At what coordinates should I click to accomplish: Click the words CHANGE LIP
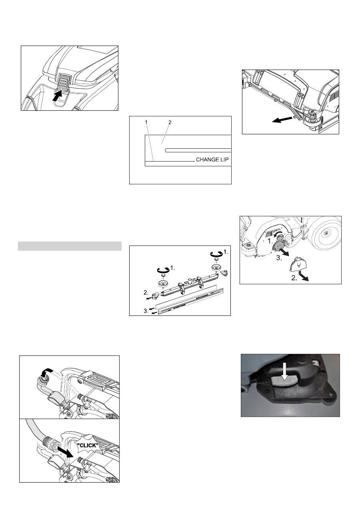pyautogui.click(x=212, y=160)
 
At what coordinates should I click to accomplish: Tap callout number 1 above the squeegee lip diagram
pyautogui.click(x=146, y=122)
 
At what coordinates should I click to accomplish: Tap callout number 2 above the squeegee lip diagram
pyautogui.click(x=170, y=122)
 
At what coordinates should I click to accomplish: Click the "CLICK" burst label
pyautogui.click(x=88, y=445)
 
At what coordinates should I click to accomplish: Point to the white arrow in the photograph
pyautogui.click(x=284, y=374)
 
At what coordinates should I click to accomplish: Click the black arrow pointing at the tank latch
pyautogui.click(x=57, y=96)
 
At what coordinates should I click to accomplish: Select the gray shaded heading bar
pyautogui.click(x=70, y=246)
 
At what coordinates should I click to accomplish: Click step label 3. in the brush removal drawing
pyautogui.click(x=279, y=258)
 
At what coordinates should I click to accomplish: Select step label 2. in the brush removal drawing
pyautogui.click(x=294, y=278)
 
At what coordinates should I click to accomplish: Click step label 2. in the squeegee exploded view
pyautogui.click(x=146, y=293)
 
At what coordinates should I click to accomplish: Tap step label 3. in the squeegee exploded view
pyautogui.click(x=146, y=311)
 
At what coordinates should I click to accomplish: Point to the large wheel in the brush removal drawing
pyautogui.click(x=326, y=233)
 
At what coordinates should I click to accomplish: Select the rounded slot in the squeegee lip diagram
pyautogui.click(x=198, y=150)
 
